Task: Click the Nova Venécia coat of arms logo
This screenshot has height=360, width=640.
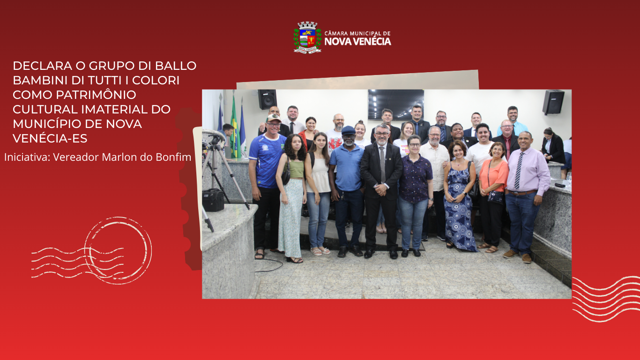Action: pos(307,37)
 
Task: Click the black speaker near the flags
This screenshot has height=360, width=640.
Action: pos(267,99)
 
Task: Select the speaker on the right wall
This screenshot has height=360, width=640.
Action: pos(553,102)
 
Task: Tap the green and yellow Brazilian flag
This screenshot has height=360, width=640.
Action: pos(234,127)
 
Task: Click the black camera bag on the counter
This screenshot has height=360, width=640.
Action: pos(213,200)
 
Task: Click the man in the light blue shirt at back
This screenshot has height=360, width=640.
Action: pos(513,121)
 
